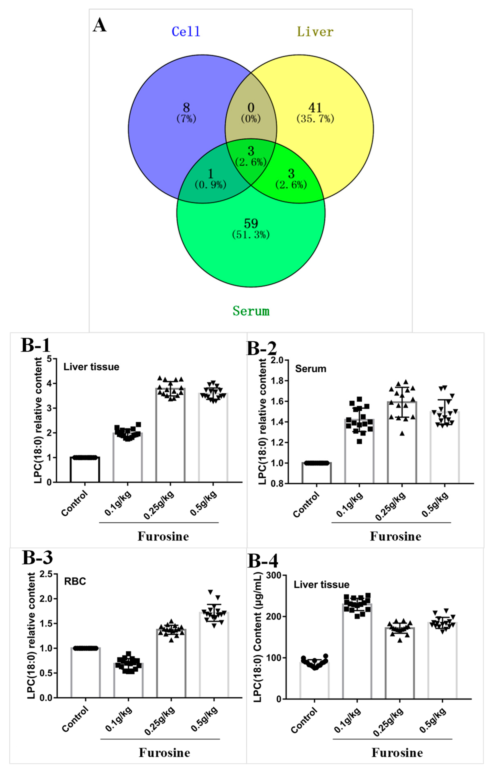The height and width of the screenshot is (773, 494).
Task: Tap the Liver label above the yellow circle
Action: point(315,31)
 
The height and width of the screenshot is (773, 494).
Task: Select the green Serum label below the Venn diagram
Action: point(251,311)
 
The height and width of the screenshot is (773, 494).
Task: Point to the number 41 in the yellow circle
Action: point(315,107)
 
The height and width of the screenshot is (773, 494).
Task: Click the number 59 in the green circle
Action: point(251,223)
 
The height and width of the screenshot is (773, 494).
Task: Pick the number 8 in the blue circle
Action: point(186,107)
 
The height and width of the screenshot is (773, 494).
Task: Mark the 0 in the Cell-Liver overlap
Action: point(251,107)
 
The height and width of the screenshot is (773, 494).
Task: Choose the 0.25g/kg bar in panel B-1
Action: point(170,437)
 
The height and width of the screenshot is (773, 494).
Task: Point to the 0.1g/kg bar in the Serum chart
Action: point(359,453)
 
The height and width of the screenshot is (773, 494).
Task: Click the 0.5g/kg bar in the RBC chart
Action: point(214,657)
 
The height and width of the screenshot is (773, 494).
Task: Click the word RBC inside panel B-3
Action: point(75,581)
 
